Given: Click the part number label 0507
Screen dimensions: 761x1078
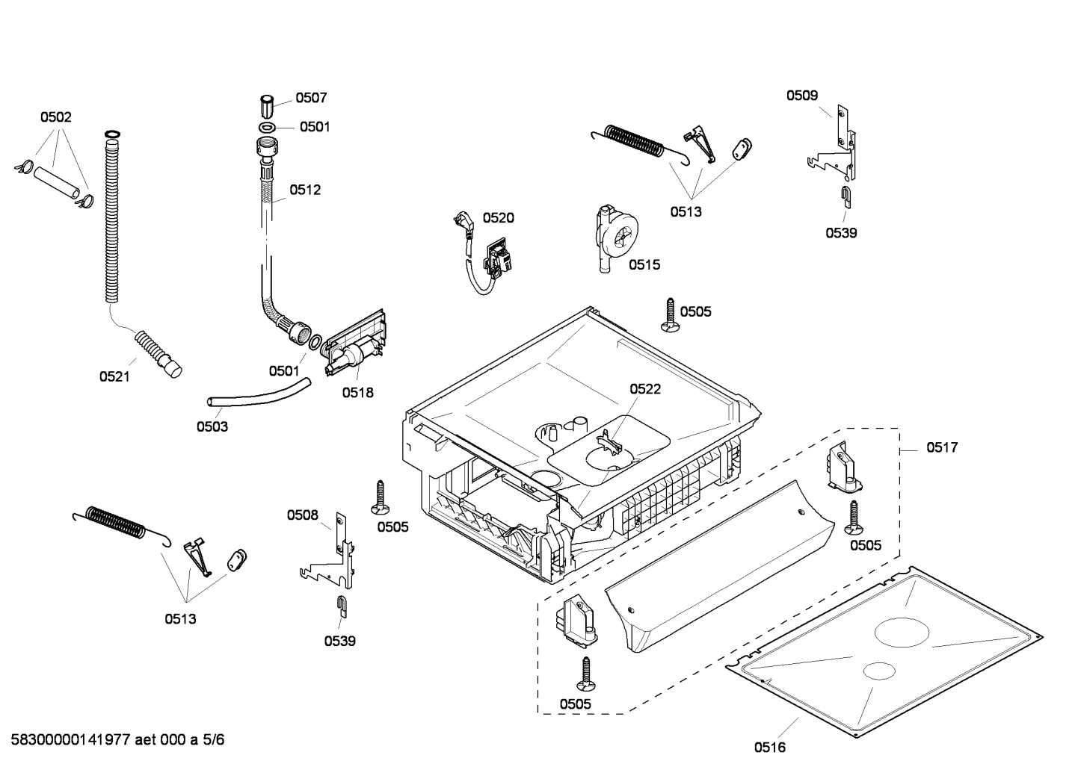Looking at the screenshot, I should (311, 98).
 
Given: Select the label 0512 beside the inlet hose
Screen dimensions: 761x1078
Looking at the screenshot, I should (305, 190).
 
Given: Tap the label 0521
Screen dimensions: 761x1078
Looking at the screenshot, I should (114, 376).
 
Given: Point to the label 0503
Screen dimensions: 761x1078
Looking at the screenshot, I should (212, 426).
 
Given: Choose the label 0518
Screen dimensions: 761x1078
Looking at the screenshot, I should (357, 392).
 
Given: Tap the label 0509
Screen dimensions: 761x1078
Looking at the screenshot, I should (801, 95).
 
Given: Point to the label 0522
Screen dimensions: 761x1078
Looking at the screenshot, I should (644, 389).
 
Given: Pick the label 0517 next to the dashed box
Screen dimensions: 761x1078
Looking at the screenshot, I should (941, 447).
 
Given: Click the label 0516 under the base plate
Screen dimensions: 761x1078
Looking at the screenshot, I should (769, 746).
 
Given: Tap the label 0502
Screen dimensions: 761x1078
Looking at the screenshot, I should (55, 117).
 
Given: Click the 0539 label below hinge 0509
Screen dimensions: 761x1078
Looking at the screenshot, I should (841, 233).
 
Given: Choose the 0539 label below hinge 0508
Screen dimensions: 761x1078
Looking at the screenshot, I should (339, 641).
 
